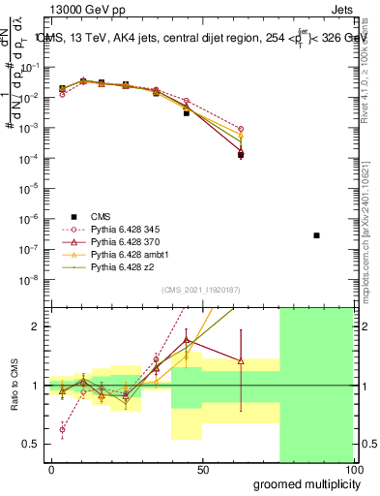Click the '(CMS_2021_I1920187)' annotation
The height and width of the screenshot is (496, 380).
[x=202, y=289]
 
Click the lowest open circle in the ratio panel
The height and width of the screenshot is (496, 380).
[x=63, y=429]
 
